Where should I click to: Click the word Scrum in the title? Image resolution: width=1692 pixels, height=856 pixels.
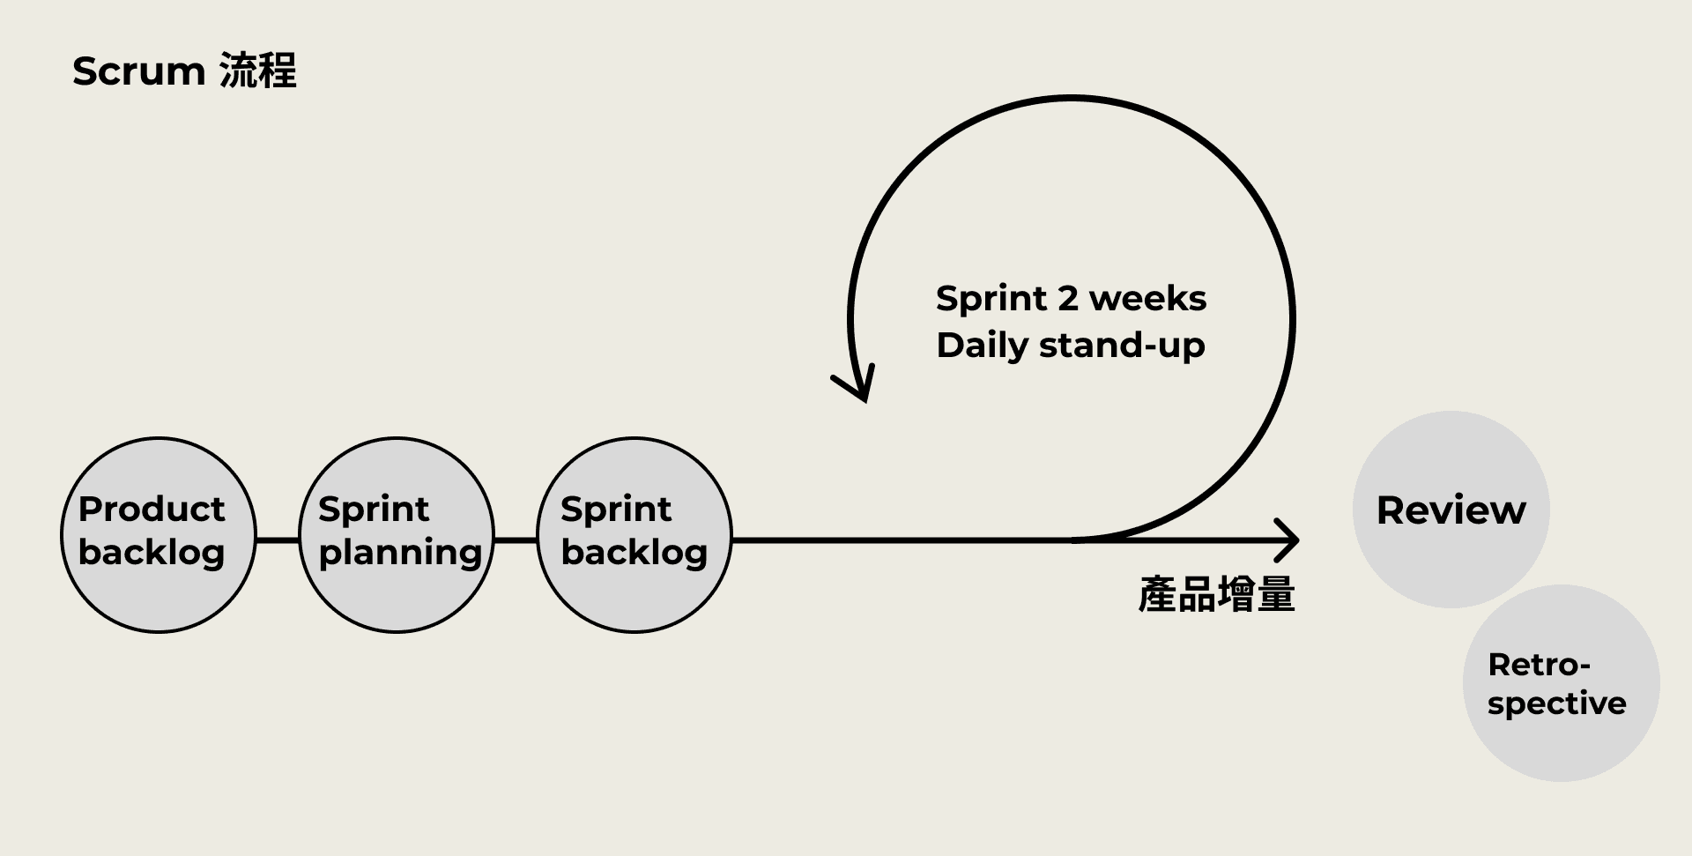pyautogui.click(x=138, y=72)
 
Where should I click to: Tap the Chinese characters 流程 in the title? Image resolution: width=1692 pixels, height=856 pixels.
pyautogui.click(x=257, y=71)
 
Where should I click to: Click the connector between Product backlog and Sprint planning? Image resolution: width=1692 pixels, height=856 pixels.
pyautogui.click(x=278, y=540)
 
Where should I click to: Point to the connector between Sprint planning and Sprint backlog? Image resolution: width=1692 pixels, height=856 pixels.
pyautogui.click(x=516, y=540)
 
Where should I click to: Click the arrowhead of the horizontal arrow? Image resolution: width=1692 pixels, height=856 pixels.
pyautogui.click(x=1289, y=540)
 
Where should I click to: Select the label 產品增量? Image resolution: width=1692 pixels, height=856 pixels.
pyautogui.click(x=1216, y=595)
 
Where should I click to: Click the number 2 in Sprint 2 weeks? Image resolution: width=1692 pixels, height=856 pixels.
pyautogui.click(x=1068, y=299)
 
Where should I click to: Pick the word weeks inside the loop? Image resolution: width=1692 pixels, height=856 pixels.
pyautogui.click(x=1147, y=299)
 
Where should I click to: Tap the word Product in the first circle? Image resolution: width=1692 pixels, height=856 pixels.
pyautogui.click(x=152, y=510)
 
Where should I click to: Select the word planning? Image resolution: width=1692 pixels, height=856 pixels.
pyautogui.click(x=400, y=554)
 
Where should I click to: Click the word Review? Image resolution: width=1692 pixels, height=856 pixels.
pyautogui.click(x=1451, y=510)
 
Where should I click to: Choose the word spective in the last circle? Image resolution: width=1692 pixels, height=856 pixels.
pyautogui.click(x=1556, y=703)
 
